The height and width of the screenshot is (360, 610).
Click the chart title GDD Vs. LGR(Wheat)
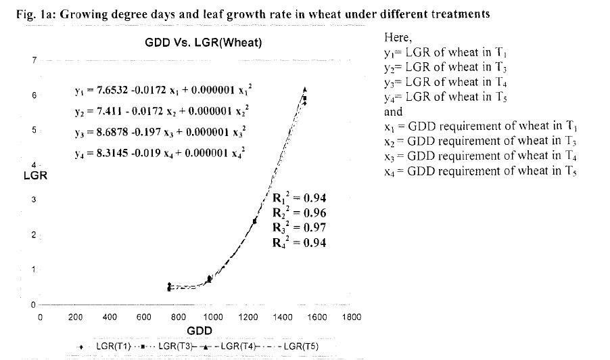tap(204, 43)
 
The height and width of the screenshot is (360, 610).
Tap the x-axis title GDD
tap(200, 331)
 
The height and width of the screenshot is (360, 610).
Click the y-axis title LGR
tap(34, 177)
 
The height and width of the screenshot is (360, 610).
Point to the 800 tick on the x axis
tap(179, 317)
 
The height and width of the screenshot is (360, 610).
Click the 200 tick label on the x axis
tap(75, 317)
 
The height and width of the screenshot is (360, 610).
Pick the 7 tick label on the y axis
tap(33, 61)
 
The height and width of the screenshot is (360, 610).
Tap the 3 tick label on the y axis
tap(33, 200)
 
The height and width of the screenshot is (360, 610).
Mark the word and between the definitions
tap(393, 112)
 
